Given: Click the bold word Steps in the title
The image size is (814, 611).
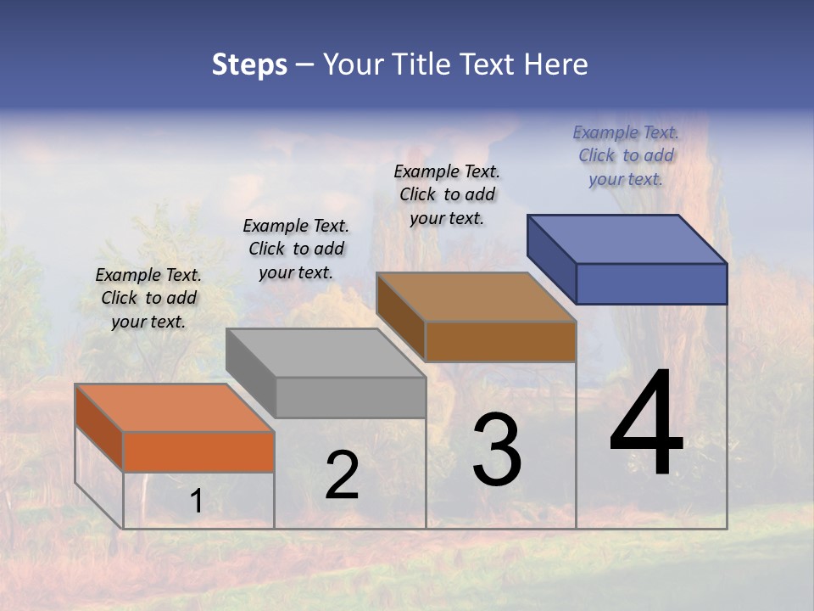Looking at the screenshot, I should click(x=249, y=64).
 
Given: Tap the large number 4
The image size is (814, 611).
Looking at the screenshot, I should click(x=646, y=424).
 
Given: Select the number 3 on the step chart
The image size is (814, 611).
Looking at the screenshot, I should click(x=497, y=450).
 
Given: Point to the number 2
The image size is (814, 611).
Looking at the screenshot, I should click(x=342, y=475).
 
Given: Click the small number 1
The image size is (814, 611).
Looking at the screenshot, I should click(x=196, y=502).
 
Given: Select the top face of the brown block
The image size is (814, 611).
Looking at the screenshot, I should click(x=476, y=297).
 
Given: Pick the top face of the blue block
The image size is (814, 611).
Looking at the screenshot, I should click(x=627, y=239).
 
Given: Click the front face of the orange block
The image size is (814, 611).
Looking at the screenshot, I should click(x=198, y=451).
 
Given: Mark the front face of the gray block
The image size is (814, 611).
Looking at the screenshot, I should click(x=350, y=397).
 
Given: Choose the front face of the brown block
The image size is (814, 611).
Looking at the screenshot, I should click(x=500, y=341).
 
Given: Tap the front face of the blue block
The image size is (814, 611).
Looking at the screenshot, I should click(x=651, y=283).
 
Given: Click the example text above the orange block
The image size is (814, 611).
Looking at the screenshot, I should click(x=148, y=298).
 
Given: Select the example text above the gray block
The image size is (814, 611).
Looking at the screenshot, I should click(x=296, y=249).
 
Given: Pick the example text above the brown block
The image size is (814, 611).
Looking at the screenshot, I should click(x=447, y=194).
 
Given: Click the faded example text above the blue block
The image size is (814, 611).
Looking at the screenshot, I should click(x=626, y=155).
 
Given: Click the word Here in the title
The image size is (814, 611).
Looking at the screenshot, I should click(x=558, y=64).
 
